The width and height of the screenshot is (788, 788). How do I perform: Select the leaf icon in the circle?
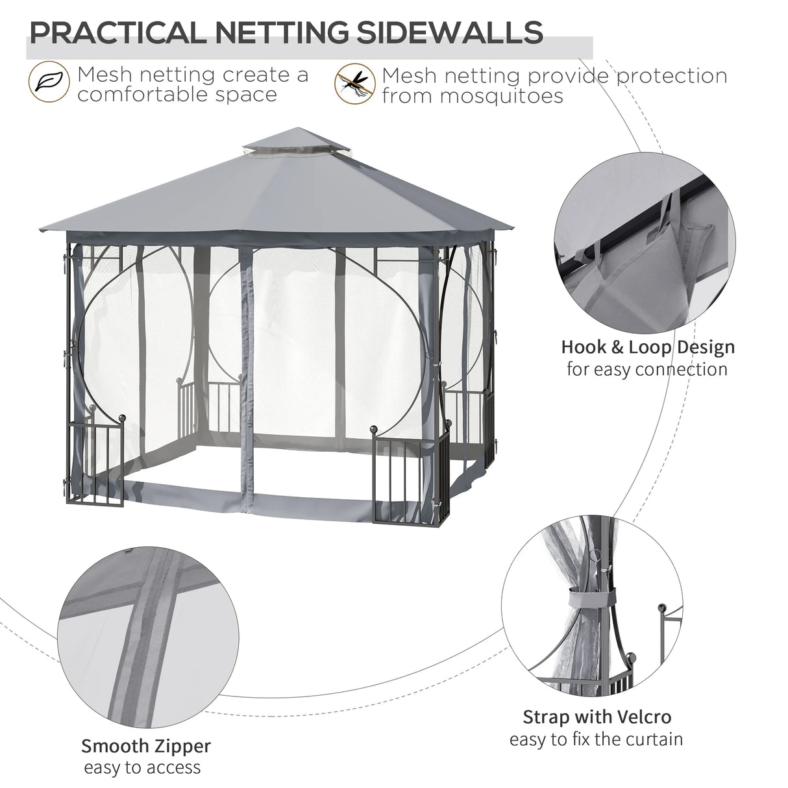click(48, 82)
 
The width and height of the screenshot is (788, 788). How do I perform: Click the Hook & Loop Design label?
click(648, 347)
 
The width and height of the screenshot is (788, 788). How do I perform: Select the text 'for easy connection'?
click(646, 369)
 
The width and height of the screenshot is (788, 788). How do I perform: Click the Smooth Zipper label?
click(146, 746)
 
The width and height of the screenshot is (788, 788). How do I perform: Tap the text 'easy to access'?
click(142, 768)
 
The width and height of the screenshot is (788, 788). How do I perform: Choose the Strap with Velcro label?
click(597, 717)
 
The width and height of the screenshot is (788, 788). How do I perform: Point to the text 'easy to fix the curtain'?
click(596, 739)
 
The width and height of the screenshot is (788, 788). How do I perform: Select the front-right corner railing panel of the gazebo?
click(409, 477)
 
